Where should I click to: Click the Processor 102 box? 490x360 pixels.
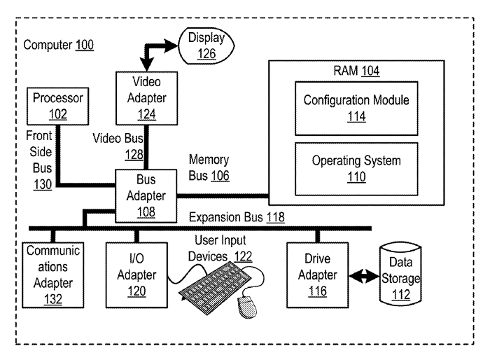[57, 106]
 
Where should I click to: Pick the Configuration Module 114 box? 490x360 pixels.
[356, 107]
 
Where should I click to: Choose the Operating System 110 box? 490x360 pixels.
[356, 169]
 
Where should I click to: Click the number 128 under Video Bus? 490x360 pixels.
[134, 154]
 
